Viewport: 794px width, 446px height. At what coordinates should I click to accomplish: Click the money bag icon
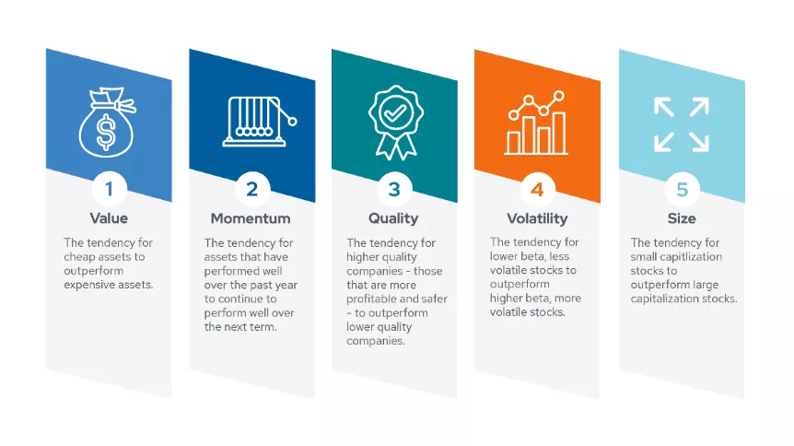[107, 123]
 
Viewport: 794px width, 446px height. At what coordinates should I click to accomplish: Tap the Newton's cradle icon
[259, 122]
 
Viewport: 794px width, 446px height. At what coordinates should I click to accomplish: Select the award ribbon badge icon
[396, 123]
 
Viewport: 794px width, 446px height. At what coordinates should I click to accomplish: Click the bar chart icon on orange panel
[536, 123]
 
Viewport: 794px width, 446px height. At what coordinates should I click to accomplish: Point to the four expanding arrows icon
[681, 124]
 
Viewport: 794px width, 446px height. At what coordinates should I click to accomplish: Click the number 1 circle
[109, 189]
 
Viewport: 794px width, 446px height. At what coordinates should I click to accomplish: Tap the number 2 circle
[252, 190]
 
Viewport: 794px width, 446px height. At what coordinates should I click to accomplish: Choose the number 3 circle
[394, 190]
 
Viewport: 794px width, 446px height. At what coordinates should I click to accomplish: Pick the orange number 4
[537, 190]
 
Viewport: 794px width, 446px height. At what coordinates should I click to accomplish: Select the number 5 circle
[683, 190]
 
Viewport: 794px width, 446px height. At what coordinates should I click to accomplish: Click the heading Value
[109, 218]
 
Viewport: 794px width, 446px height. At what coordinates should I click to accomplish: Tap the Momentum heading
[251, 218]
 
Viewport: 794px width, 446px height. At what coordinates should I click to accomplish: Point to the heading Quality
[393, 218]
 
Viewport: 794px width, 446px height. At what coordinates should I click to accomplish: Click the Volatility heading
[537, 218]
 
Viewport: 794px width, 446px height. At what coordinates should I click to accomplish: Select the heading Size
[682, 218]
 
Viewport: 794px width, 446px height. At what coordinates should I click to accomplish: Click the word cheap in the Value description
[79, 257]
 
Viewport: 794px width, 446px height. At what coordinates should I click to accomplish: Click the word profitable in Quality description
[371, 299]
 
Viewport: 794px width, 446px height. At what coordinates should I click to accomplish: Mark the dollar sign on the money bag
[106, 133]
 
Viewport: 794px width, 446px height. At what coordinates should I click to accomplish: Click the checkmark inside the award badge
[395, 112]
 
